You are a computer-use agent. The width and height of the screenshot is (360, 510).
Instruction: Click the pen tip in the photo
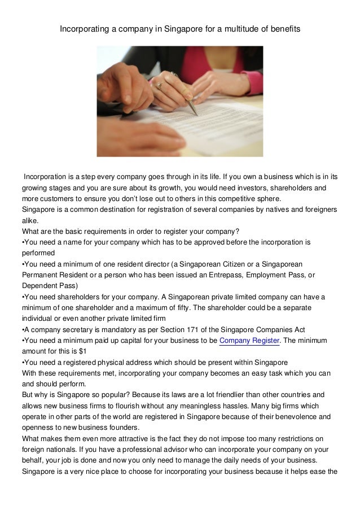[x=197, y=114]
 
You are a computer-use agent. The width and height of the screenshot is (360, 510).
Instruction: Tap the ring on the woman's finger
[x=160, y=85]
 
